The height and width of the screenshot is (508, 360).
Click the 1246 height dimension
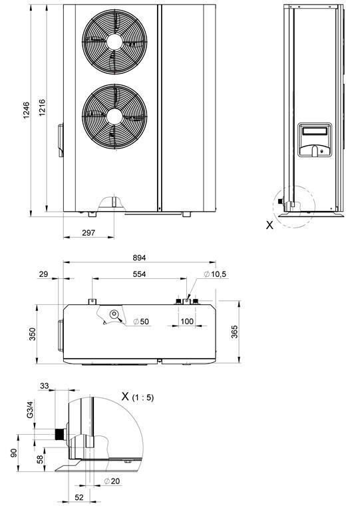pos(27,111)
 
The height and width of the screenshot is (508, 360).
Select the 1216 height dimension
pos(42,108)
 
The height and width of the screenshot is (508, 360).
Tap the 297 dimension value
pos(89,232)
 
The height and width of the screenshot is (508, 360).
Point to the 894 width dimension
pos(139,258)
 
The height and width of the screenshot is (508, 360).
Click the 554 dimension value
pos(139,274)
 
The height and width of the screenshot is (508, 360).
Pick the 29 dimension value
pos(43,274)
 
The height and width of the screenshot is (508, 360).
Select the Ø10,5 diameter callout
pos(216,274)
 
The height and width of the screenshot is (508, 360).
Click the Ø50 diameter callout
pos(141,322)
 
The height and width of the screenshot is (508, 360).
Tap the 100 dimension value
pos(187,322)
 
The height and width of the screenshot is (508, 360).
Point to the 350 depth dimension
pos(33,334)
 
